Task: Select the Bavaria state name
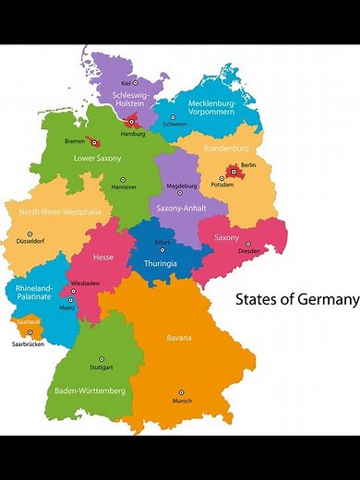(179, 338)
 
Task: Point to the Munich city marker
(181, 392)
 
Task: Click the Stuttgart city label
(102, 368)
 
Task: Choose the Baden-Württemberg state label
(90, 391)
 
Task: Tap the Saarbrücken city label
(28, 343)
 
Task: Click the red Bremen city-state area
(94, 142)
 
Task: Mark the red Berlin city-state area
(234, 171)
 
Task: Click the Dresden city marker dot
(247, 244)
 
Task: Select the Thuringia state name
(161, 263)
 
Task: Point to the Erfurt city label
(162, 242)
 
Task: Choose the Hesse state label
(103, 258)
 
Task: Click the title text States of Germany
(296, 299)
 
